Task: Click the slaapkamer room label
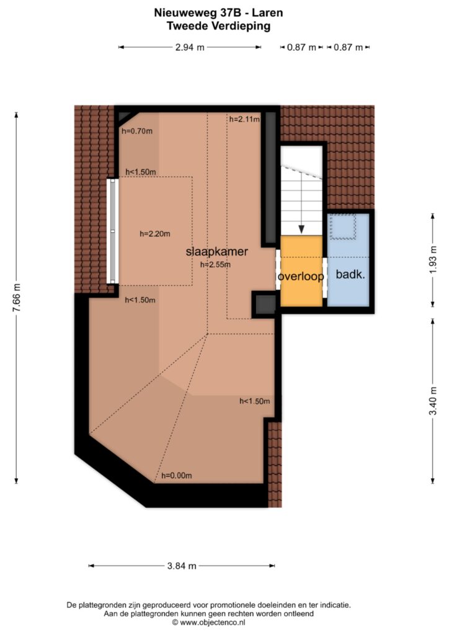[x=216, y=252]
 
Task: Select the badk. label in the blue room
[x=350, y=274]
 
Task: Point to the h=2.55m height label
[x=215, y=265]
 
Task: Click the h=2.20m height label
[x=154, y=234]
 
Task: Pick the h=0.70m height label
[x=137, y=131]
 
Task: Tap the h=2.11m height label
[x=244, y=119]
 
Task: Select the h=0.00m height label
[x=177, y=476]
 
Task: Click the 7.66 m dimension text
[x=16, y=298]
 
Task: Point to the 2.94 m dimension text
[x=190, y=47]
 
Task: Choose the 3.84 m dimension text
[x=182, y=566]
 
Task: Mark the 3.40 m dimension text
[x=433, y=401]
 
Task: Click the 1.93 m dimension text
[x=433, y=260]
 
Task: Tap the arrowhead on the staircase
[x=301, y=229]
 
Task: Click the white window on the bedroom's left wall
[x=112, y=231]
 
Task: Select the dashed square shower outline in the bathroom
[x=343, y=226]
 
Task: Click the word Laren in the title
[x=267, y=13]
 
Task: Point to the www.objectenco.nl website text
[x=213, y=623]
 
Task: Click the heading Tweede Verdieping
[x=219, y=26]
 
